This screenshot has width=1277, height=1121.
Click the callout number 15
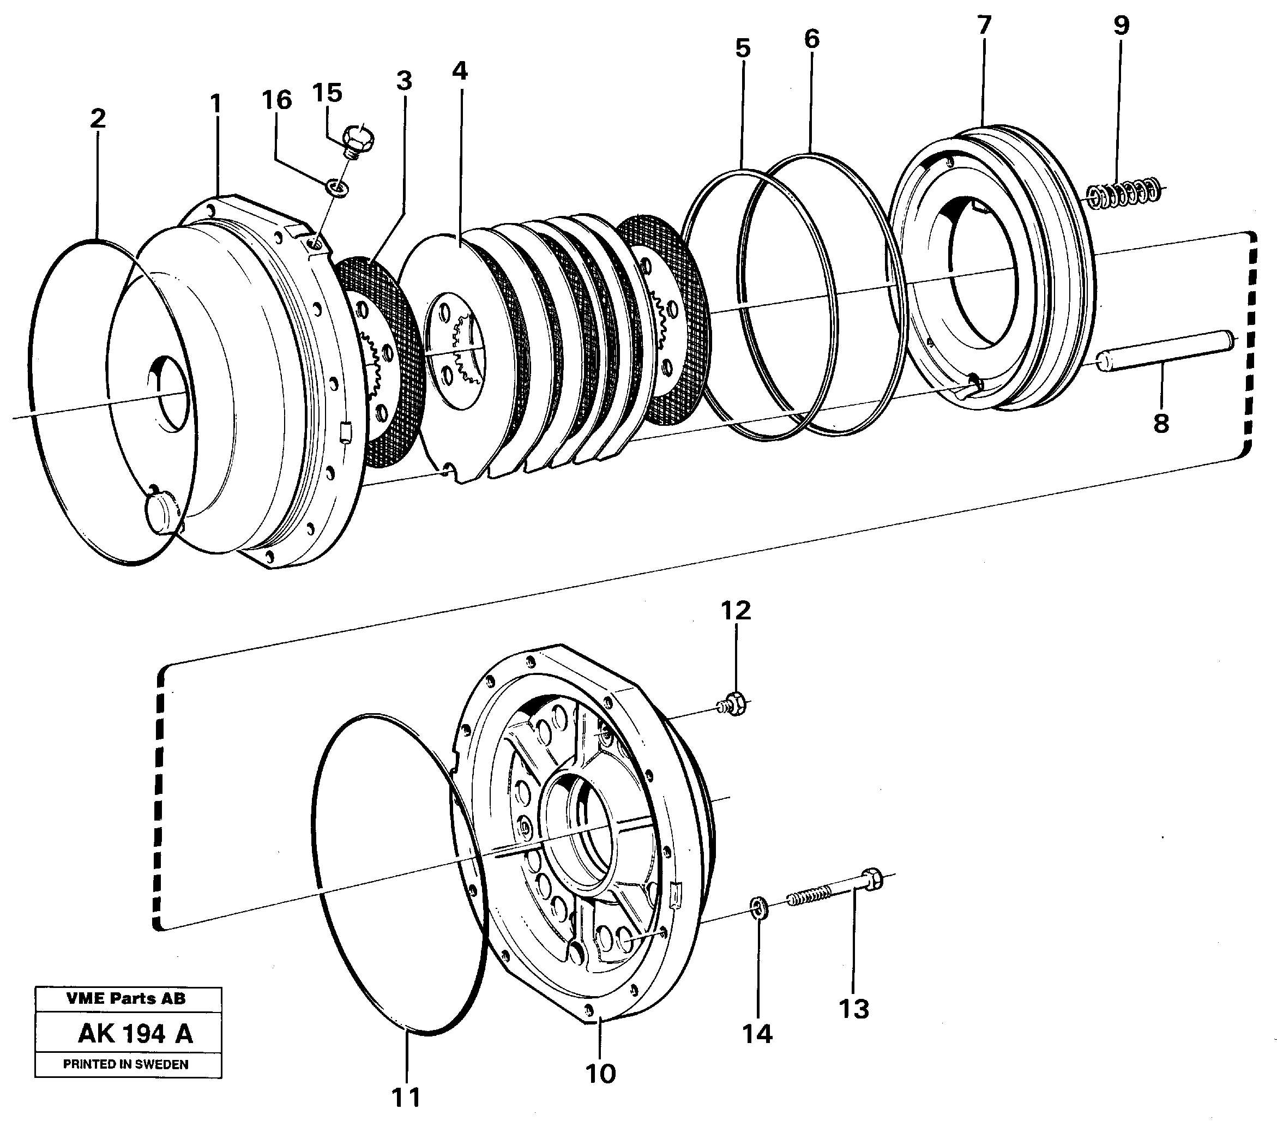(x=327, y=93)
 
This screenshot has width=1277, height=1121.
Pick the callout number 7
(x=984, y=26)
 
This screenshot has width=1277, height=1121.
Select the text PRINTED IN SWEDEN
(x=125, y=1065)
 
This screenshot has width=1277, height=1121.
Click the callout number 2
(x=98, y=118)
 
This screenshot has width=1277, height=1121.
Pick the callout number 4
(x=460, y=71)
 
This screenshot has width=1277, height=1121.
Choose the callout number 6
(x=811, y=39)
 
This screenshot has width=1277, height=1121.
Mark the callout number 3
(x=404, y=81)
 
